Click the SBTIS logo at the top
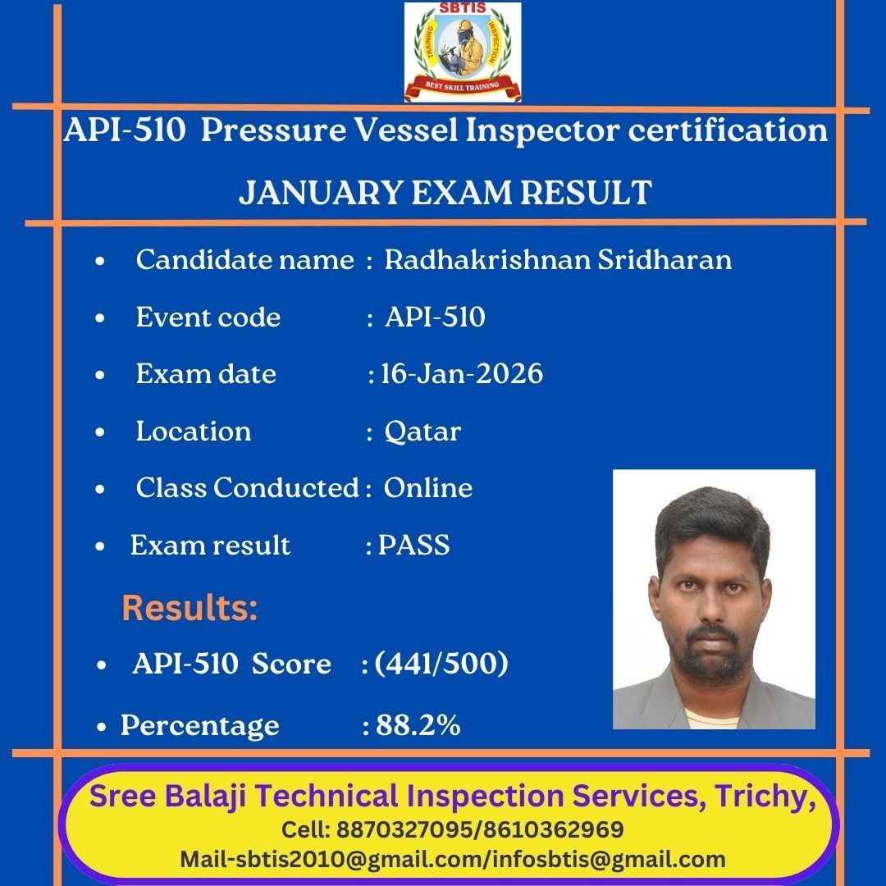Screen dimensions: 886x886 (x=462, y=52)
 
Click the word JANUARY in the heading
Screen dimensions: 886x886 (x=321, y=193)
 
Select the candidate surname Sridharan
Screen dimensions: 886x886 (x=665, y=259)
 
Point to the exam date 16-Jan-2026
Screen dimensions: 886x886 (x=462, y=373)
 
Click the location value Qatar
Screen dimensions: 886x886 (x=422, y=432)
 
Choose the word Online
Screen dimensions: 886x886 (x=427, y=487)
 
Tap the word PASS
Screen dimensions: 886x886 (x=413, y=545)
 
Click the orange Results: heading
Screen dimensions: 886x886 (x=190, y=608)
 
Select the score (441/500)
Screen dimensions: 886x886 (x=441, y=664)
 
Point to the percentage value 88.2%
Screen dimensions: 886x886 (x=418, y=725)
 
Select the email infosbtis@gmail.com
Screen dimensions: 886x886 (x=609, y=860)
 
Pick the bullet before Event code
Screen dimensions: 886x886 (x=100, y=318)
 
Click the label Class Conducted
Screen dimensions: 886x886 (x=248, y=487)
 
